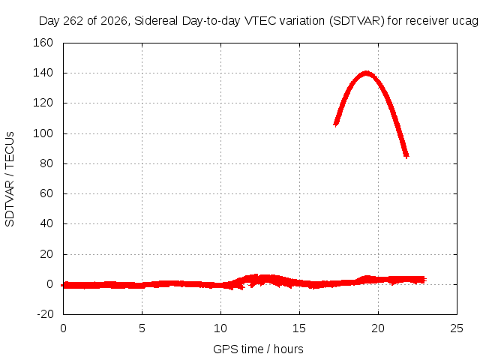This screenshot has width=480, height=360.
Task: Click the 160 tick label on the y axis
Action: click(43, 43)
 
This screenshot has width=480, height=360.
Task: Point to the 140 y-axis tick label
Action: click(43, 73)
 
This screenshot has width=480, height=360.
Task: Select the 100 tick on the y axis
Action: click(43, 133)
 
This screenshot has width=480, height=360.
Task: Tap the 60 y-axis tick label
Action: click(46, 193)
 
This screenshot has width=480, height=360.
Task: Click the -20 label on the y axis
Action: click(45, 314)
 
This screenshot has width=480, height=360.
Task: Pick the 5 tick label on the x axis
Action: click(142, 328)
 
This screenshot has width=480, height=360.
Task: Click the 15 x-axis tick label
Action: click(299, 328)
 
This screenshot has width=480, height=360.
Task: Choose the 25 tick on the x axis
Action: click(457, 328)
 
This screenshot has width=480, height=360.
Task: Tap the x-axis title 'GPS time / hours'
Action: click(258, 349)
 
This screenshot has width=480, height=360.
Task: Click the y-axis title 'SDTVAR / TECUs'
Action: click(10, 179)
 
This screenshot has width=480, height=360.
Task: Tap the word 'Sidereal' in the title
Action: click(156, 21)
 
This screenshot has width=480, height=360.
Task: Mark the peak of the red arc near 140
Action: click(366, 73)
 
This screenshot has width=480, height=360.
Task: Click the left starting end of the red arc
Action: click(336, 124)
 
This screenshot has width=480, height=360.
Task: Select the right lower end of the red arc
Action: click(406, 156)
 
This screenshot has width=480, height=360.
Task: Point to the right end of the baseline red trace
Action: click(425, 280)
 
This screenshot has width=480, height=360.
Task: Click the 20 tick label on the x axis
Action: click(378, 328)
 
